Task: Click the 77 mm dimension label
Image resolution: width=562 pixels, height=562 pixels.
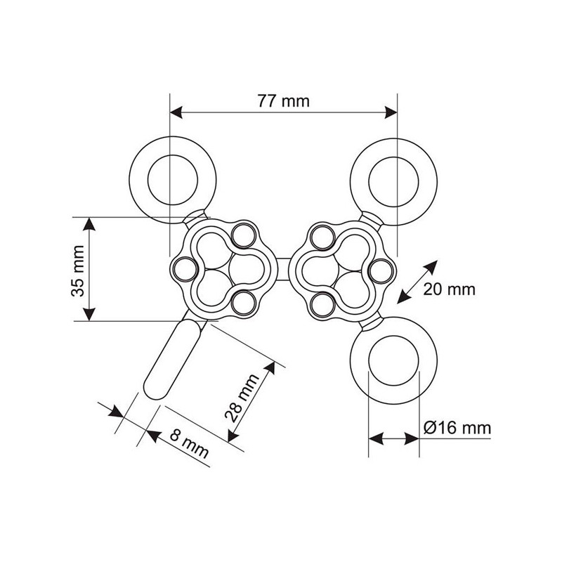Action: click(283, 101)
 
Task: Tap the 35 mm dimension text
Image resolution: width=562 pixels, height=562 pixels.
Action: click(77, 271)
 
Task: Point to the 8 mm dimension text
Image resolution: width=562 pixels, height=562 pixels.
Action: click(189, 444)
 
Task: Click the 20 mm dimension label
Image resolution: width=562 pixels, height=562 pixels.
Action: click(449, 289)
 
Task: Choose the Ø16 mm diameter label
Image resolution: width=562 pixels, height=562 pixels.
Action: click(457, 428)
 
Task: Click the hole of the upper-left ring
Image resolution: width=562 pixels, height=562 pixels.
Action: click(173, 180)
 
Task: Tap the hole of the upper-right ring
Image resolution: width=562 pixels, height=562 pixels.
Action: click(393, 181)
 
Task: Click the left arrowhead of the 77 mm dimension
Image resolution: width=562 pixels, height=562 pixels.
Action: click(176, 112)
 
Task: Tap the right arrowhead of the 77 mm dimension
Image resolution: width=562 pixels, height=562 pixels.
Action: click(391, 112)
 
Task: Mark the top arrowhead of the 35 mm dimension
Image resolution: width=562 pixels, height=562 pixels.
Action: click(89, 224)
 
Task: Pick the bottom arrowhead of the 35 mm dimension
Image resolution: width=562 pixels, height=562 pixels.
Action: click(89, 314)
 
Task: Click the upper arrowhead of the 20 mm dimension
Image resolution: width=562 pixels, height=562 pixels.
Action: click(431, 267)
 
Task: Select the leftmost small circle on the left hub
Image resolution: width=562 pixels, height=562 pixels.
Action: click(185, 269)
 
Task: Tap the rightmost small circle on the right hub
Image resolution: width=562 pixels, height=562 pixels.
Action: click(381, 271)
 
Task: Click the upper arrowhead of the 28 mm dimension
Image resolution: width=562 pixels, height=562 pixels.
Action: click(270, 368)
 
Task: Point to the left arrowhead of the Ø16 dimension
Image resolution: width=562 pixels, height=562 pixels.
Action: click(376, 438)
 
